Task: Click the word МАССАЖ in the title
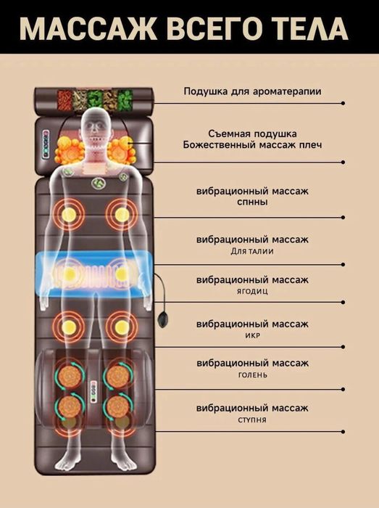[88, 29]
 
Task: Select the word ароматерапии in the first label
[287, 91]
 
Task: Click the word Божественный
[225, 144]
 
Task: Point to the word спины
[252, 202]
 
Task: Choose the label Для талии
[252, 251]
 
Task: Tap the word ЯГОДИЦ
[252, 291]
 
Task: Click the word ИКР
[252, 335]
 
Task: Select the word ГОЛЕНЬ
[253, 375]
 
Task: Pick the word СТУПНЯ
[252, 420]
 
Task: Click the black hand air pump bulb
[162, 319]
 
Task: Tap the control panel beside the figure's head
[46, 144]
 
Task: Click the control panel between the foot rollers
[94, 390]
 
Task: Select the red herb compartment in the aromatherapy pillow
[64, 99]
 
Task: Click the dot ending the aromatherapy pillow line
[343, 103]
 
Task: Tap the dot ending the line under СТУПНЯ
[343, 432]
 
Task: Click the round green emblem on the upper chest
[98, 183]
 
